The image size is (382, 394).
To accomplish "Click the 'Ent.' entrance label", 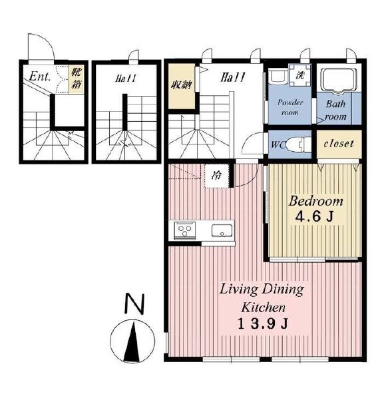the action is pyautogui.click(x=40, y=77).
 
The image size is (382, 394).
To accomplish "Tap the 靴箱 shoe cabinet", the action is pyautogui.click(x=77, y=79).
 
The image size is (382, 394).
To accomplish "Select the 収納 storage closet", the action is pyautogui.click(x=182, y=87).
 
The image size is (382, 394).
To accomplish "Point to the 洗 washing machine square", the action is pyautogui.click(x=299, y=75).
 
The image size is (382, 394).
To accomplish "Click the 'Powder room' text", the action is pyautogui.click(x=290, y=108).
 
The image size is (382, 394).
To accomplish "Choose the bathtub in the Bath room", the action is pyautogui.click(x=339, y=79).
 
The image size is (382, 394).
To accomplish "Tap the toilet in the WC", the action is pyautogui.click(x=299, y=144).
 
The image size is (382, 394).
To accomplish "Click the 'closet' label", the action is pyautogui.click(x=339, y=144).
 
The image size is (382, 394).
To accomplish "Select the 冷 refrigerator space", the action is pyautogui.click(x=217, y=176).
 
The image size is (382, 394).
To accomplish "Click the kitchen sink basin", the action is pyautogui.click(x=222, y=230).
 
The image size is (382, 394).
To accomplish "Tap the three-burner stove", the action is pyautogui.click(x=185, y=230).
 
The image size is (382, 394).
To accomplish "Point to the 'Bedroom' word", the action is pyautogui.click(x=315, y=201).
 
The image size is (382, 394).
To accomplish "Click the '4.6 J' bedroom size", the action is pyautogui.click(x=314, y=216).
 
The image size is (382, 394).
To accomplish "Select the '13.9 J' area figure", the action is pyautogui.click(x=262, y=324).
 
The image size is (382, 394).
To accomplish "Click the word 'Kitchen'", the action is pyautogui.click(x=263, y=307).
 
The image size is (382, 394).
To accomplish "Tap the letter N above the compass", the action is pyautogui.click(x=134, y=303).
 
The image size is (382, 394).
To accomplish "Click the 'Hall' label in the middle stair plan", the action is pyautogui.click(x=126, y=78).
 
